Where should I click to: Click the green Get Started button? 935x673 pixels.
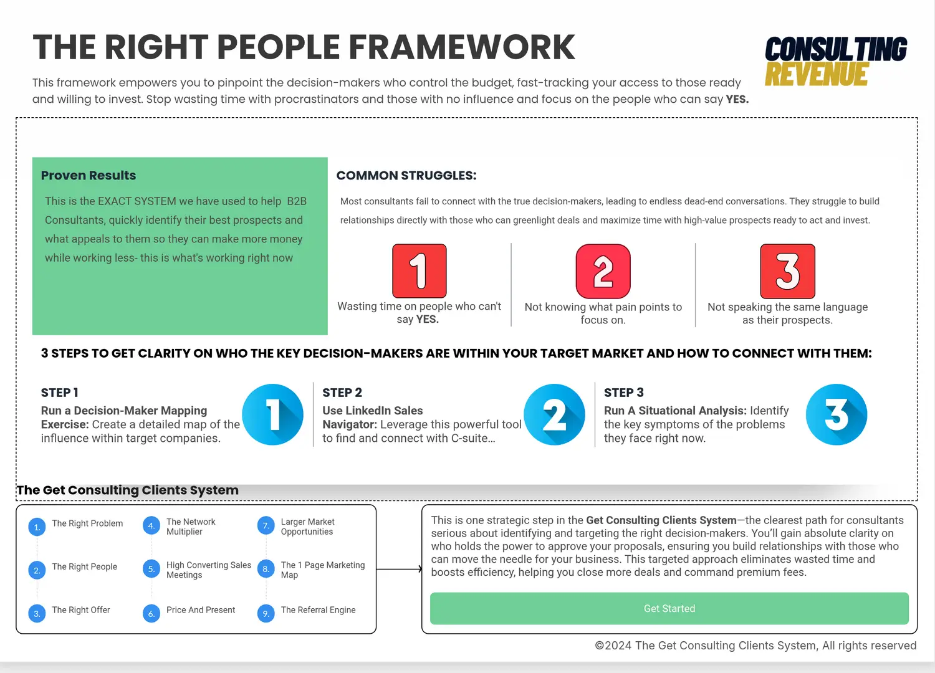(x=669, y=608)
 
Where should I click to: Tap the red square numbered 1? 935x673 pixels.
(x=419, y=271)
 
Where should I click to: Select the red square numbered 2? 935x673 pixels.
(x=603, y=271)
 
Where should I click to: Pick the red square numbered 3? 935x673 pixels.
(x=788, y=271)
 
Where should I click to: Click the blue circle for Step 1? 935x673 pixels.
(x=272, y=414)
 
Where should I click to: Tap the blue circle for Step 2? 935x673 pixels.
(x=554, y=414)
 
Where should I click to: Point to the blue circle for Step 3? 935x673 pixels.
(x=837, y=414)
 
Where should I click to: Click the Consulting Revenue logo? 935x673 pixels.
(x=836, y=61)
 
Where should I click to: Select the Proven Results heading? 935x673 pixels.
(x=89, y=175)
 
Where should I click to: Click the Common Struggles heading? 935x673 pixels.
(x=406, y=175)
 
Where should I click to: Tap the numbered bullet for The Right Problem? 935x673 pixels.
(x=37, y=527)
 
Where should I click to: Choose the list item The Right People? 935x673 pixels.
(x=84, y=566)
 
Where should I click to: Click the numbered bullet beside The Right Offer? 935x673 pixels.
(x=37, y=614)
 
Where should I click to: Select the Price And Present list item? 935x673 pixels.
(x=201, y=610)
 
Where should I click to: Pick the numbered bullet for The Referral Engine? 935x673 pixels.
(x=266, y=614)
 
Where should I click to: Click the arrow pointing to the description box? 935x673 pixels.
(x=400, y=569)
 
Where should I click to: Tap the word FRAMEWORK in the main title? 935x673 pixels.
(x=462, y=47)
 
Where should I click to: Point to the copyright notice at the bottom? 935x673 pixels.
(x=755, y=646)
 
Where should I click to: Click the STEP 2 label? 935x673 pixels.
(x=342, y=393)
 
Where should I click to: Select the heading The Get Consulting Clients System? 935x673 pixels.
(x=128, y=490)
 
